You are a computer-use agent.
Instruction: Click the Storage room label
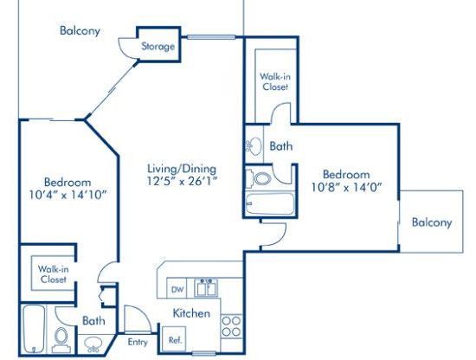pyautogui.click(x=158, y=47)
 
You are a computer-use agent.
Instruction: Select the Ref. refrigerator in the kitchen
pyautogui.click(x=174, y=339)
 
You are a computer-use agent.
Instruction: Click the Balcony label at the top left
pyautogui.click(x=80, y=31)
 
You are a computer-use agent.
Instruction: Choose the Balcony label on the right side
pyautogui.click(x=431, y=222)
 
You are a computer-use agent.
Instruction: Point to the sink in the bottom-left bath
pyautogui.click(x=93, y=344)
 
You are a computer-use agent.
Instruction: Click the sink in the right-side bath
pyautogui.click(x=254, y=146)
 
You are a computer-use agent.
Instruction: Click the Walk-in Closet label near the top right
pyautogui.click(x=274, y=81)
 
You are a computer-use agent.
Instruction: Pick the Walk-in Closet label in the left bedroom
pyautogui.click(x=53, y=274)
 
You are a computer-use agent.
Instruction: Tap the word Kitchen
pyautogui.click(x=191, y=313)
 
